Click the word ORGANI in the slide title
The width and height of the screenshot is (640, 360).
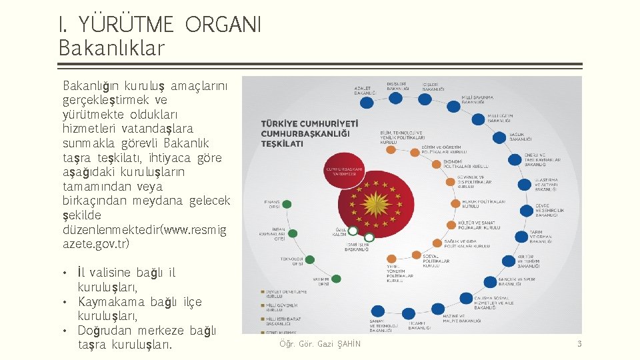(x=223, y=25)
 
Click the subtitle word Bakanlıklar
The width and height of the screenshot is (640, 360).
(x=111, y=48)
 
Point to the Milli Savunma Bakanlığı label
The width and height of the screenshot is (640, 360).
(x=478, y=100)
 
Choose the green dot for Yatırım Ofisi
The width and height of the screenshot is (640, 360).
(x=336, y=279)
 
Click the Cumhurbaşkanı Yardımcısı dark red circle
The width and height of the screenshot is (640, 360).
(x=344, y=172)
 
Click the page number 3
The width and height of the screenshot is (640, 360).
(x=579, y=344)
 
